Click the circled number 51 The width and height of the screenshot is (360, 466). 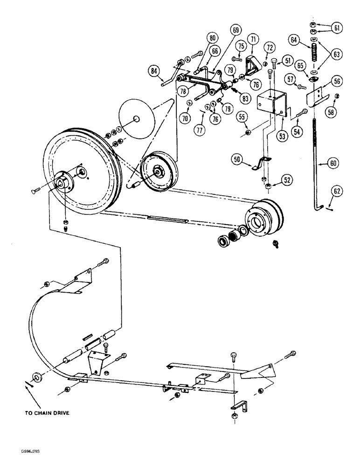point(285,60)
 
